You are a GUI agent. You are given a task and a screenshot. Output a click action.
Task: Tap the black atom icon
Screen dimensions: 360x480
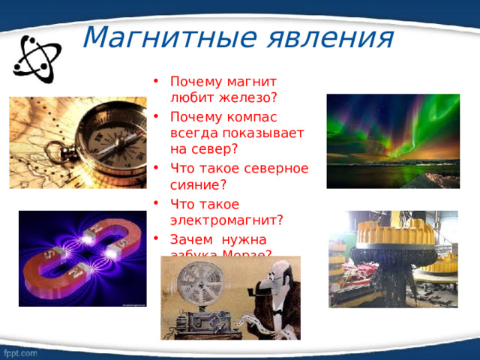point(33,60)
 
